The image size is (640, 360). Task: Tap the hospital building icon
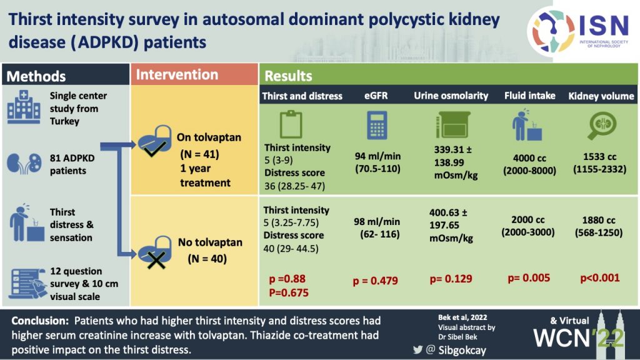click(x=24, y=107)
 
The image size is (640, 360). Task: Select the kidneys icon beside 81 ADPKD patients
click(x=24, y=164)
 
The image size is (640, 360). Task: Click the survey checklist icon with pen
click(x=27, y=283)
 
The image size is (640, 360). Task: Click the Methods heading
click(x=36, y=76)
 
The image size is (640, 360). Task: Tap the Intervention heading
click(x=177, y=75)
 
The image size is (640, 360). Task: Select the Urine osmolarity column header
click(x=451, y=96)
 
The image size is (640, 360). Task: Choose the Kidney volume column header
click(x=601, y=96)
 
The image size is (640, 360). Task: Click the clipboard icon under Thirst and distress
click(x=291, y=124)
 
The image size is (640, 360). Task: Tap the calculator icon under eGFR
click(x=377, y=125)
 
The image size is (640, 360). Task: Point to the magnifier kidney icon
click(x=602, y=125)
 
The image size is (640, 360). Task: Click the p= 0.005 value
click(x=529, y=278)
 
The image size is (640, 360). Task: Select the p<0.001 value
click(x=600, y=278)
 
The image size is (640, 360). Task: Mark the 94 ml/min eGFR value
click(x=377, y=156)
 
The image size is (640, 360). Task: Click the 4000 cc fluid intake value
click(x=529, y=158)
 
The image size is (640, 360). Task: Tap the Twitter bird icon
click(x=417, y=349)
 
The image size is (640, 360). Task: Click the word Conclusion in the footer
click(x=40, y=321)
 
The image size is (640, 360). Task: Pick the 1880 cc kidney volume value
click(x=599, y=221)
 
